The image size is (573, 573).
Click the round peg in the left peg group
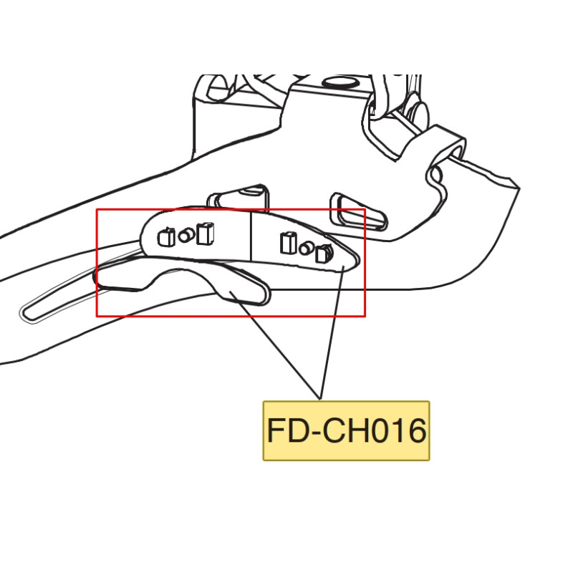coord(185,234)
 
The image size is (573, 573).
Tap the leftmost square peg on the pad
coord(165,236)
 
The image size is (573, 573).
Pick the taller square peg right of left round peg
coord(206,233)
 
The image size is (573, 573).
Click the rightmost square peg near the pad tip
coord(324,253)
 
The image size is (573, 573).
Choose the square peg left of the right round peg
coord(289,243)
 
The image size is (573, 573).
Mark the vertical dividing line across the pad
coord(251,237)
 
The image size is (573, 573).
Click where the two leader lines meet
coord(320,398)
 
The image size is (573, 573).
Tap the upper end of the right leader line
coord(346,266)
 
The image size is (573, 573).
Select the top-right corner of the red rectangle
coord(365,210)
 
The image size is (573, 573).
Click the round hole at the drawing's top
coord(340,81)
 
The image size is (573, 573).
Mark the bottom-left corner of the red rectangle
coord(97,315)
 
